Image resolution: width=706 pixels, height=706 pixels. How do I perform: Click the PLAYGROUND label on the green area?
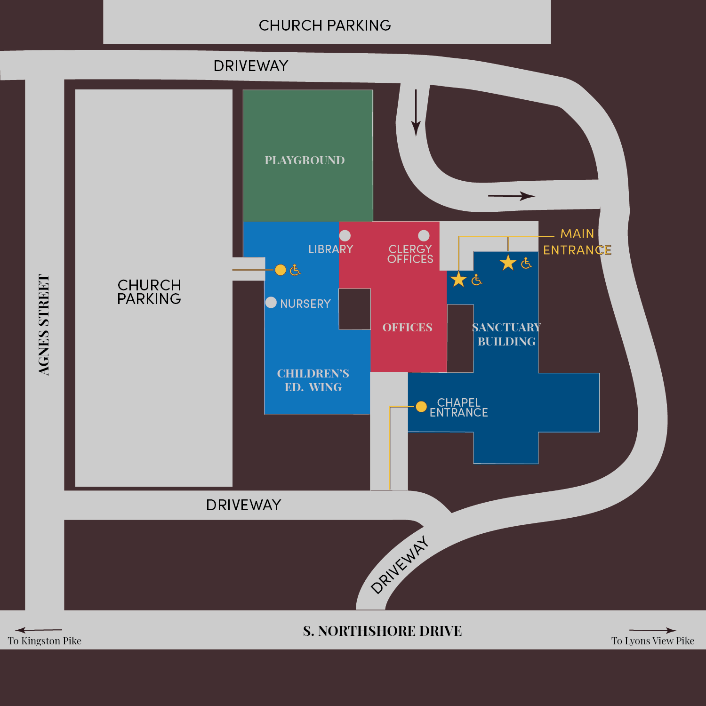coord(305,160)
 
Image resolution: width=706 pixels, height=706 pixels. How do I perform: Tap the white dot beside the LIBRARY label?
coord(345,235)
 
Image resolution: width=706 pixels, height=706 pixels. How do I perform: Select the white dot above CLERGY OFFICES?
coord(424,235)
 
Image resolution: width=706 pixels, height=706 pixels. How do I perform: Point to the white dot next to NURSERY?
coord(271,302)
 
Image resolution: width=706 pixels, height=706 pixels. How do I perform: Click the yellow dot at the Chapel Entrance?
coord(421,406)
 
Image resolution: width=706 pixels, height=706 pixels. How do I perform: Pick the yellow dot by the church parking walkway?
coord(281,270)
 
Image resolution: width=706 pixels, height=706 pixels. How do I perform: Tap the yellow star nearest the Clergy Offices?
coord(458,280)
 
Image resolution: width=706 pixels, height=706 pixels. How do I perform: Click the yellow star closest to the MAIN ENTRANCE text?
coord(508,263)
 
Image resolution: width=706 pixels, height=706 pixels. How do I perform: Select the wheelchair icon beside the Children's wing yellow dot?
coord(295,270)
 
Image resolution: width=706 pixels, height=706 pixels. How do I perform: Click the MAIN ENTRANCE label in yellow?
coord(577,242)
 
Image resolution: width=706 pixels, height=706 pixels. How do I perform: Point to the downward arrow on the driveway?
coord(416,113)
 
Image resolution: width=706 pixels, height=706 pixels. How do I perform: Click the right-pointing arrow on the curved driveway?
coord(511,196)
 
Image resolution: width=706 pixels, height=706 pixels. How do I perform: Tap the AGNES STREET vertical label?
coord(44,325)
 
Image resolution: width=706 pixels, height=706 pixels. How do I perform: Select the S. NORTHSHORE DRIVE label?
coord(382,631)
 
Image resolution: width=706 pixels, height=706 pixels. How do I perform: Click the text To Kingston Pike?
coord(45,641)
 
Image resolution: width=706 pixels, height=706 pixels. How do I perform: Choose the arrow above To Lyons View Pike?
coord(652,630)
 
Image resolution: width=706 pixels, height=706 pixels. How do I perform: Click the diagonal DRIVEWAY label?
coord(400,565)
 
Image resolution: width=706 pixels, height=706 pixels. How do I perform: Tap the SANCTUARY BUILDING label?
coord(506,334)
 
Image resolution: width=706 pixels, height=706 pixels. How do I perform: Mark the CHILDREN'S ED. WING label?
coord(313,380)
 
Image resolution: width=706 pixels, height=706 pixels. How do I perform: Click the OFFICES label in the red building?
coord(407,328)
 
